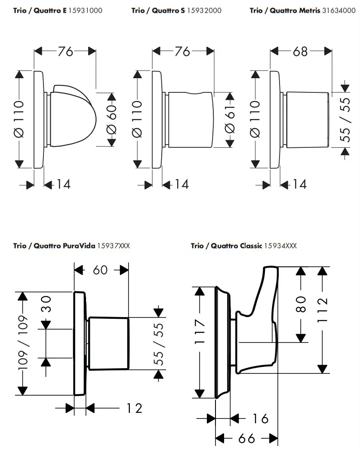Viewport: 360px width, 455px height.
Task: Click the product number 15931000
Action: [85, 10]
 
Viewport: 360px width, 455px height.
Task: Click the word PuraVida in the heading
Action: [81, 246]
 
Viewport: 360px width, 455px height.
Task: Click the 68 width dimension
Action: [300, 51]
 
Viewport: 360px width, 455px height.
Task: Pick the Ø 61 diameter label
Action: [230, 119]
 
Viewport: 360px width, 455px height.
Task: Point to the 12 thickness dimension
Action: [134, 408]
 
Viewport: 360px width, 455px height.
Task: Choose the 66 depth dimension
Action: [246, 439]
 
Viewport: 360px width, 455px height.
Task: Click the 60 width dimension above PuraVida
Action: [100, 270]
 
